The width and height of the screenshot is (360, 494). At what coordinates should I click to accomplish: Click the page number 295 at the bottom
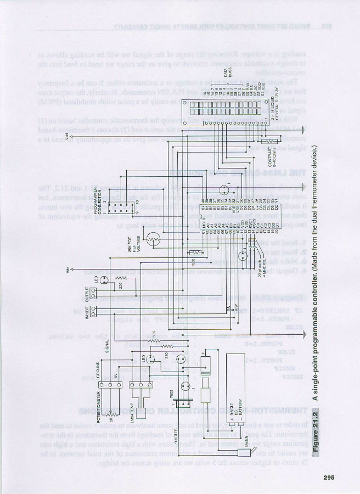[x=329, y=476]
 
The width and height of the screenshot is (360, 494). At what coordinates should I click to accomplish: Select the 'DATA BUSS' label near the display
[x=226, y=72]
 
